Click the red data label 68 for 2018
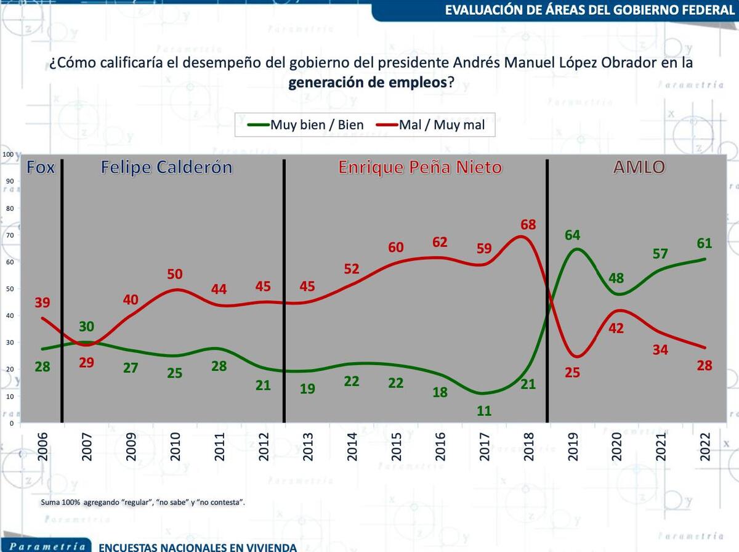tap(528, 225)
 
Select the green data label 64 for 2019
tap(573, 235)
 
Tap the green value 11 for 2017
tap(484, 410)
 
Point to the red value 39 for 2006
tap(42, 302)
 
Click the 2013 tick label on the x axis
tap(308, 447)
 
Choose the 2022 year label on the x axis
tap(705, 447)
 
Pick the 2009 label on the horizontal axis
tap(131, 447)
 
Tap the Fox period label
tap(41, 167)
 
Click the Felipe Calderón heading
tap(166, 167)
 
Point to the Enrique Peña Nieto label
tap(420, 167)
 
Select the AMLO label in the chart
tap(639, 167)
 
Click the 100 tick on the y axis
tap(7, 154)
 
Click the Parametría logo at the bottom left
tap(46, 546)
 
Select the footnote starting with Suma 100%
tap(143, 502)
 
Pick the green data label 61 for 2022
tap(705, 244)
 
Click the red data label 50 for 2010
tap(175, 274)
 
